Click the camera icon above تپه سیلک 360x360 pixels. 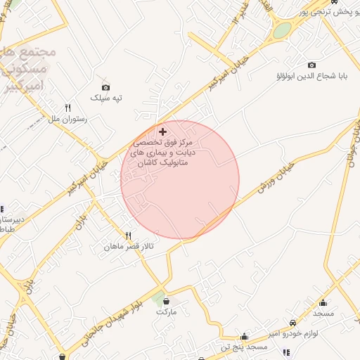[x=105, y=87]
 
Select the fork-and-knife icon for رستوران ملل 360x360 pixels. [x=68, y=108]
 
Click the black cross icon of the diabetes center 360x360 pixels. [x=163, y=131]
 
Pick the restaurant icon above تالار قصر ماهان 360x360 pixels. [x=128, y=236]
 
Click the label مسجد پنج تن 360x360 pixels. [x=243, y=347]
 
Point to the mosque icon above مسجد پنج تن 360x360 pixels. [x=244, y=337]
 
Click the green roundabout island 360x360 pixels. [x=281, y=30]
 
